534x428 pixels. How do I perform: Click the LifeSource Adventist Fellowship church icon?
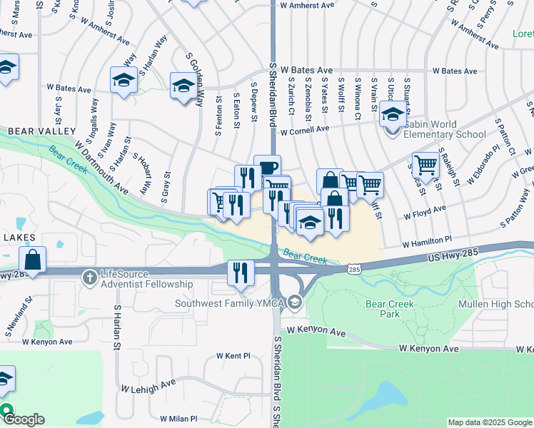pos(89,275)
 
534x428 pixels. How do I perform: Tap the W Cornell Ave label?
pos(304,131)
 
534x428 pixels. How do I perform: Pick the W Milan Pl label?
pos(178,419)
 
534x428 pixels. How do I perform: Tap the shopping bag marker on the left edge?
pos(33,260)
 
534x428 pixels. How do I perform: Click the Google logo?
pos(24,419)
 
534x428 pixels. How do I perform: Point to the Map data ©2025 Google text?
pos(489,422)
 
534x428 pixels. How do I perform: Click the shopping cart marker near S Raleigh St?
pos(425,165)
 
